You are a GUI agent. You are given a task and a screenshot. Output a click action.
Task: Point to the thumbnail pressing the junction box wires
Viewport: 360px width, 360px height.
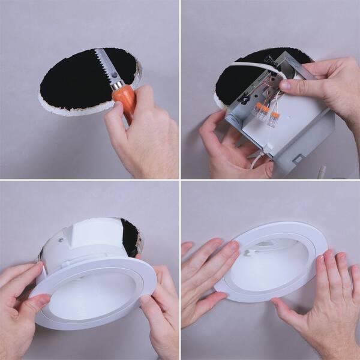point(285,85)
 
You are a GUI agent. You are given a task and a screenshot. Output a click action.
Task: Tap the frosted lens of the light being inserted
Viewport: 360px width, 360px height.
point(90,300)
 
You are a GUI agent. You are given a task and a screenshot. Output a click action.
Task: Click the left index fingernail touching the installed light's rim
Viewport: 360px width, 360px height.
point(233,245)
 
